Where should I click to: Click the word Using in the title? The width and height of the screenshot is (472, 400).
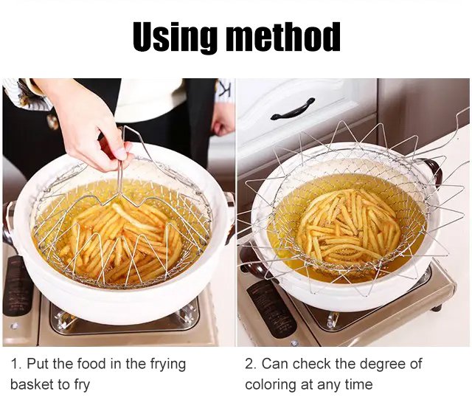tap(175, 38)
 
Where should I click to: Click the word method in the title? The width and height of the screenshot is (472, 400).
tap(283, 36)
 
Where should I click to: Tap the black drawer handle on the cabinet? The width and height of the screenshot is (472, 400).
tap(292, 108)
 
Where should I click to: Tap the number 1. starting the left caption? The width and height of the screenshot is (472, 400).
tap(16, 364)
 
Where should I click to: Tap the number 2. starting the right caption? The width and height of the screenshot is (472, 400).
tap(250, 364)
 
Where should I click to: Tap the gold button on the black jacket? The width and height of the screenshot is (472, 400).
tap(53, 122)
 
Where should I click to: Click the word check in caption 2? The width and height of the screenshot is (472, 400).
tap(312, 364)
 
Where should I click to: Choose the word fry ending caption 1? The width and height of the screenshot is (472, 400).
tap(81, 385)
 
